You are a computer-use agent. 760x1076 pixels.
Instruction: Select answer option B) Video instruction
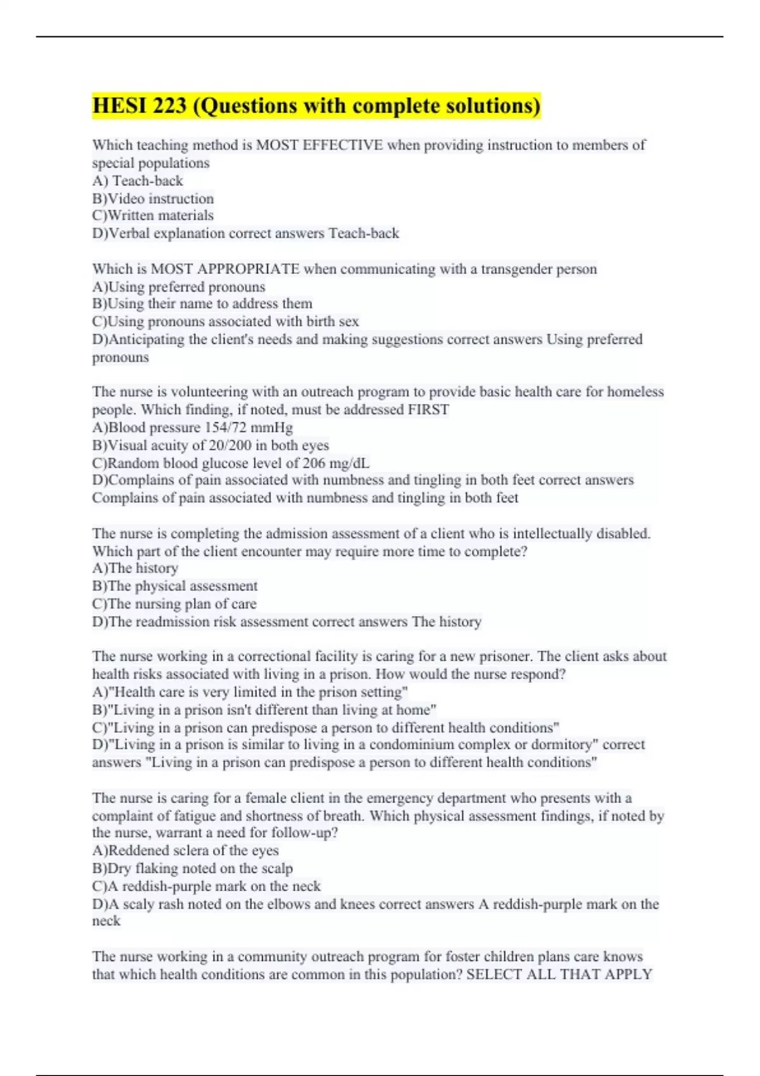click(x=153, y=199)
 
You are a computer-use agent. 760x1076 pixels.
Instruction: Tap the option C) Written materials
click(x=153, y=216)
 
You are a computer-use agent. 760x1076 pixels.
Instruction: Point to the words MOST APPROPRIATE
click(x=225, y=269)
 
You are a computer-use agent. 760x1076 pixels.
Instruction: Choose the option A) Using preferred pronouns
click(x=179, y=287)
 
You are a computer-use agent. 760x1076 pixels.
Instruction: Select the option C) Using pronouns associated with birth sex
click(x=225, y=322)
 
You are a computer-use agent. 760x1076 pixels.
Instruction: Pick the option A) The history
click(x=135, y=568)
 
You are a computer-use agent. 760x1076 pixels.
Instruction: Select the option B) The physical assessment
click(x=175, y=586)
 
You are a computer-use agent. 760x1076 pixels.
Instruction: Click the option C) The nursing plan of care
click(x=174, y=604)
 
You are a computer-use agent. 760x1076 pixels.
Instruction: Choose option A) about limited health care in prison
click(x=250, y=692)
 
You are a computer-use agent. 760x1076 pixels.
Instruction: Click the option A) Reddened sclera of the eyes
click(x=185, y=851)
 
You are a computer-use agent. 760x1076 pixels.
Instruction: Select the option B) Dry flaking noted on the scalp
click(x=193, y=868)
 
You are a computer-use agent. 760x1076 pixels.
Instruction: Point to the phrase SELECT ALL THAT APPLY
click(x=559, y=974)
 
